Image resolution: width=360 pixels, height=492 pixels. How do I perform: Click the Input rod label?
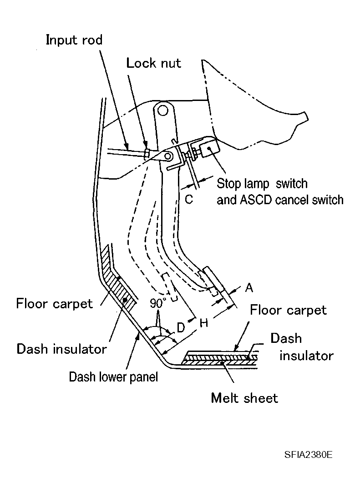pos(74,40)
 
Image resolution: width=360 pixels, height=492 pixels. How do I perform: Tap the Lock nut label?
pos(154,63)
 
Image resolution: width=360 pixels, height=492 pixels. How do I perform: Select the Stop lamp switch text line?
pos(262,184)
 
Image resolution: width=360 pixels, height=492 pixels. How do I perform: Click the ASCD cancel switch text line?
pos(280,200)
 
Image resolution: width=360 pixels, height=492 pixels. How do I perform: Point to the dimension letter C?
pos(189,199)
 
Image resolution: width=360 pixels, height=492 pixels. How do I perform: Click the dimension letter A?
pos(249,287)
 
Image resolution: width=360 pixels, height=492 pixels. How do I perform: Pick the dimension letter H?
pos(204,322)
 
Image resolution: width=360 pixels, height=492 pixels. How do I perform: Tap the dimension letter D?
pos(181,327)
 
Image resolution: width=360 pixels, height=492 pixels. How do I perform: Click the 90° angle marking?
pos(157,303)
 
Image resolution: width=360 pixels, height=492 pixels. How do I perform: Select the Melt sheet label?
pos(244,398)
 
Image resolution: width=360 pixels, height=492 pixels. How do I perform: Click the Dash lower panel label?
pos(113,377)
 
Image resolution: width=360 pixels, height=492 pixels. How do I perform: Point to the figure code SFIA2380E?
pos(308,455)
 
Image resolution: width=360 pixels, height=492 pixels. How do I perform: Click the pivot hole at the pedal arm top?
pos(162,110)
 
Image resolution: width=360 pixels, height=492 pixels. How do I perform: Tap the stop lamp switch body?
pos(208,147)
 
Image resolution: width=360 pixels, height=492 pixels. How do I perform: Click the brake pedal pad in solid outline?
pos(218,286)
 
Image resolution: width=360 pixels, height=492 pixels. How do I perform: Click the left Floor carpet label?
pos(54,304)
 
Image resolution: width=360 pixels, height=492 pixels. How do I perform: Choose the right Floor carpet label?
pos(288,310)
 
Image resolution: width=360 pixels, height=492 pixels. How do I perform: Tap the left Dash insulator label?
pos(61,349)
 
